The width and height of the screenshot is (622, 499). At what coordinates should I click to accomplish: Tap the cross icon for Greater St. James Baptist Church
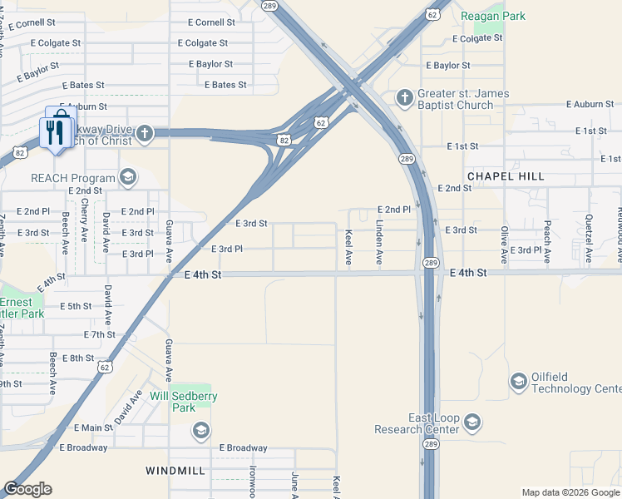tap(405, 98)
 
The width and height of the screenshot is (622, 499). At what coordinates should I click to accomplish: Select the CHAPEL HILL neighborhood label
tap(506, 176)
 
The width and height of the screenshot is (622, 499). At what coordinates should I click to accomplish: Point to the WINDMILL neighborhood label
tap(175, 471)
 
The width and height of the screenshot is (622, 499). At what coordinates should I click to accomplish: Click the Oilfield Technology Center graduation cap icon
tap(518, 381)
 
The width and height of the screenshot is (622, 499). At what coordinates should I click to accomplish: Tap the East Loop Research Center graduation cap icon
tap(472, 424)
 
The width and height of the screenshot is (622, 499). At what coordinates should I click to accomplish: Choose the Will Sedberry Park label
tap(183, 402)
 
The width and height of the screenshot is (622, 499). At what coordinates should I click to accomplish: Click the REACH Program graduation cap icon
tap(127, 176)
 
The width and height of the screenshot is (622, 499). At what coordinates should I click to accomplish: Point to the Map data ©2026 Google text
tap(570, 492)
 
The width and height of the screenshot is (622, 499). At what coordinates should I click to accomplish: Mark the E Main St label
tap(92, 427)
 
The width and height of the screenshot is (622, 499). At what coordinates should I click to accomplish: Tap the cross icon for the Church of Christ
tap(145, 133)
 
